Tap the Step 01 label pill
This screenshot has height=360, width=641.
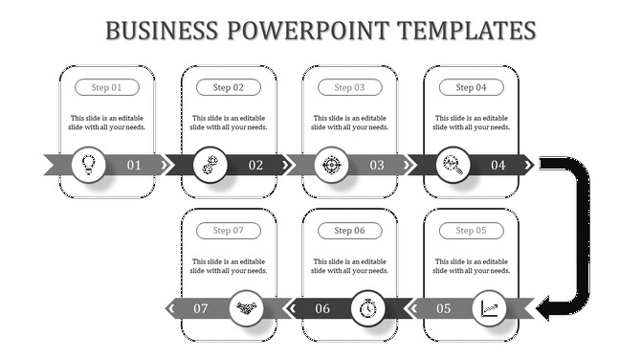pos(107,87)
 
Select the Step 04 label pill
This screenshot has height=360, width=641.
pos(471,87)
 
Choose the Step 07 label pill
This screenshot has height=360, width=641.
pos(229,230)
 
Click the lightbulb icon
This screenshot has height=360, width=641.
pos(89,165)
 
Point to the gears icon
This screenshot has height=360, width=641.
pos(210,165)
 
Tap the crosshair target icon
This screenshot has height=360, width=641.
pos(331,165)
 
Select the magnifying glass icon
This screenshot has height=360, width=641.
pos(452,165)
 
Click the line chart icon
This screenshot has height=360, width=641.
pos(490,308)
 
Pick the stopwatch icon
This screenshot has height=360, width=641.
pos(369,308)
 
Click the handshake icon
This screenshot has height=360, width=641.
pos(248,308)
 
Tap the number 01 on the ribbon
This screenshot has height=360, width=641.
pos(135,166)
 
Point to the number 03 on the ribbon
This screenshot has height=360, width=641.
pos(377,166)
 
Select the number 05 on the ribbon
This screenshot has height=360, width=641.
pos(444,308)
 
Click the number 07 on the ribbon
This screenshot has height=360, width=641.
pos(201,308)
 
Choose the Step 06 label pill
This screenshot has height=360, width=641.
pos(349,230)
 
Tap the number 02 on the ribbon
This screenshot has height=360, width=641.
pos(256,166)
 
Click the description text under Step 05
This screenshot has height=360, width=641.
pos(471,265)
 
